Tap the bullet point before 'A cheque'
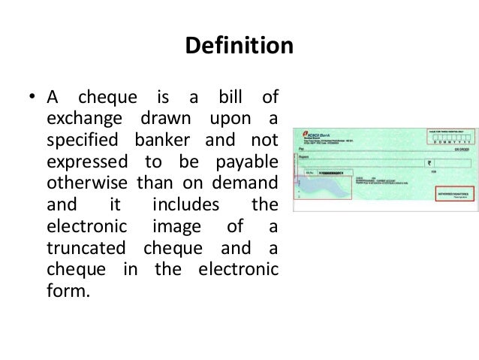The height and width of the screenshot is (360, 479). point(32,98)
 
